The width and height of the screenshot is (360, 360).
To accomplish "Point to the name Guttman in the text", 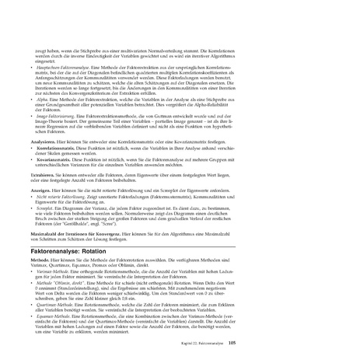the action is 205,114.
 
